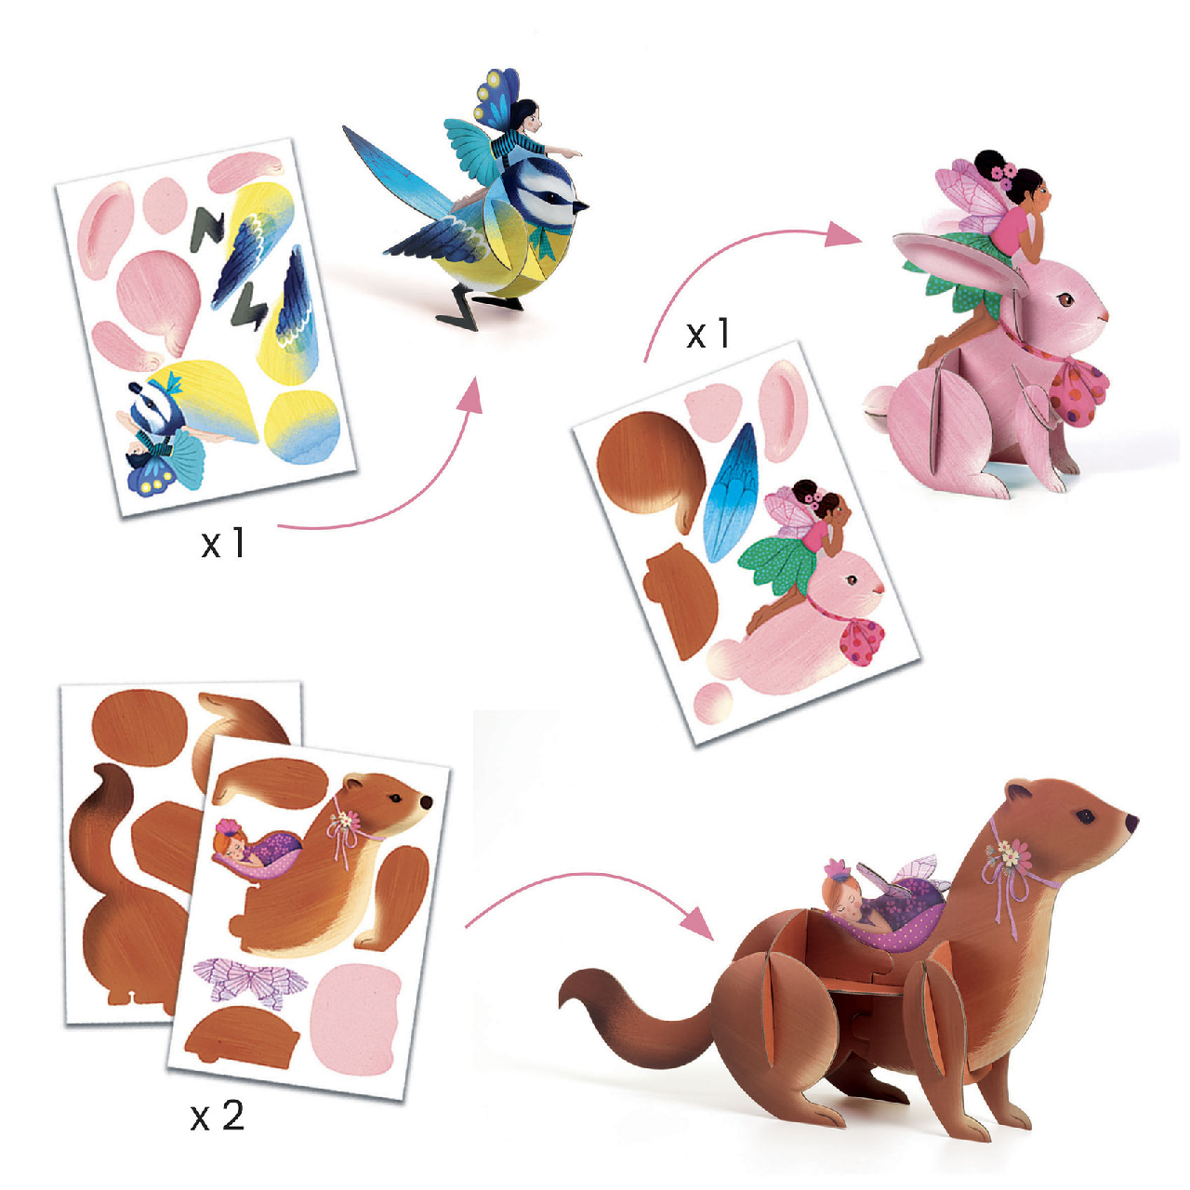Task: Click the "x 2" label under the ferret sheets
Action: tap(218, 1115)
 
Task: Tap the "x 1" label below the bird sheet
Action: tap(223, 542)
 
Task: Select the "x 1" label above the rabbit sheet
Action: tap(707, 334)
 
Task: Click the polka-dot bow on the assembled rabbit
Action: tap(1078, 387)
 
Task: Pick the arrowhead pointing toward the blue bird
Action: tap(469, 396)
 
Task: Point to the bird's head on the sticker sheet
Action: tap(152, 409)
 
